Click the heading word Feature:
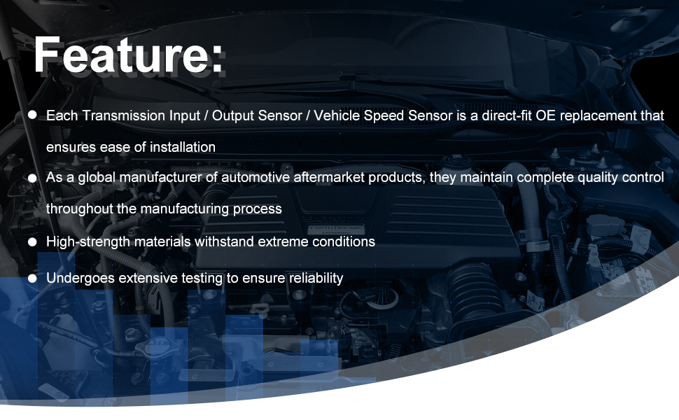tap(128, 55)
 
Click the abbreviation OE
tap(545, 115)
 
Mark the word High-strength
tap(88, 241)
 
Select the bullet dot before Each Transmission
tap(32, 115)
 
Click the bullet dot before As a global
tap(32, 178)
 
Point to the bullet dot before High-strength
tap(32, 241)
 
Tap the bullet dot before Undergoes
tap(32, 279)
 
